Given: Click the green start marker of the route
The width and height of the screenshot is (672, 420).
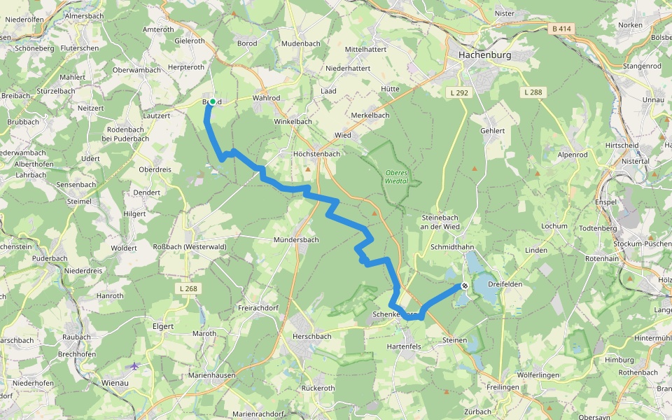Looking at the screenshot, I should pos(212,101).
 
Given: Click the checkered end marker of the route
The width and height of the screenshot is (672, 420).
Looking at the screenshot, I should pos(464,286).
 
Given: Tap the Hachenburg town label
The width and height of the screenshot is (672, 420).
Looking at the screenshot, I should pos(485,54).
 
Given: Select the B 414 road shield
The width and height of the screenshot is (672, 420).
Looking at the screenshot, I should pos(561,29).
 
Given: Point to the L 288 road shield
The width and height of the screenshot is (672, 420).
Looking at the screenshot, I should pos(533,92).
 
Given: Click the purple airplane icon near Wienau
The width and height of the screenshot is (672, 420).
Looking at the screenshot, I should pos(134,365).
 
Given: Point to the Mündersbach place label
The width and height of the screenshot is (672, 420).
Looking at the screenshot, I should pos(295,239).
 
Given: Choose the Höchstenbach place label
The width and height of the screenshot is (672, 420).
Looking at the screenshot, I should pos(316,153).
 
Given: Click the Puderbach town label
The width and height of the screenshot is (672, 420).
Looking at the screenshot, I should pos(50,258).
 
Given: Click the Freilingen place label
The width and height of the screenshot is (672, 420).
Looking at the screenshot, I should pos(503,387).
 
